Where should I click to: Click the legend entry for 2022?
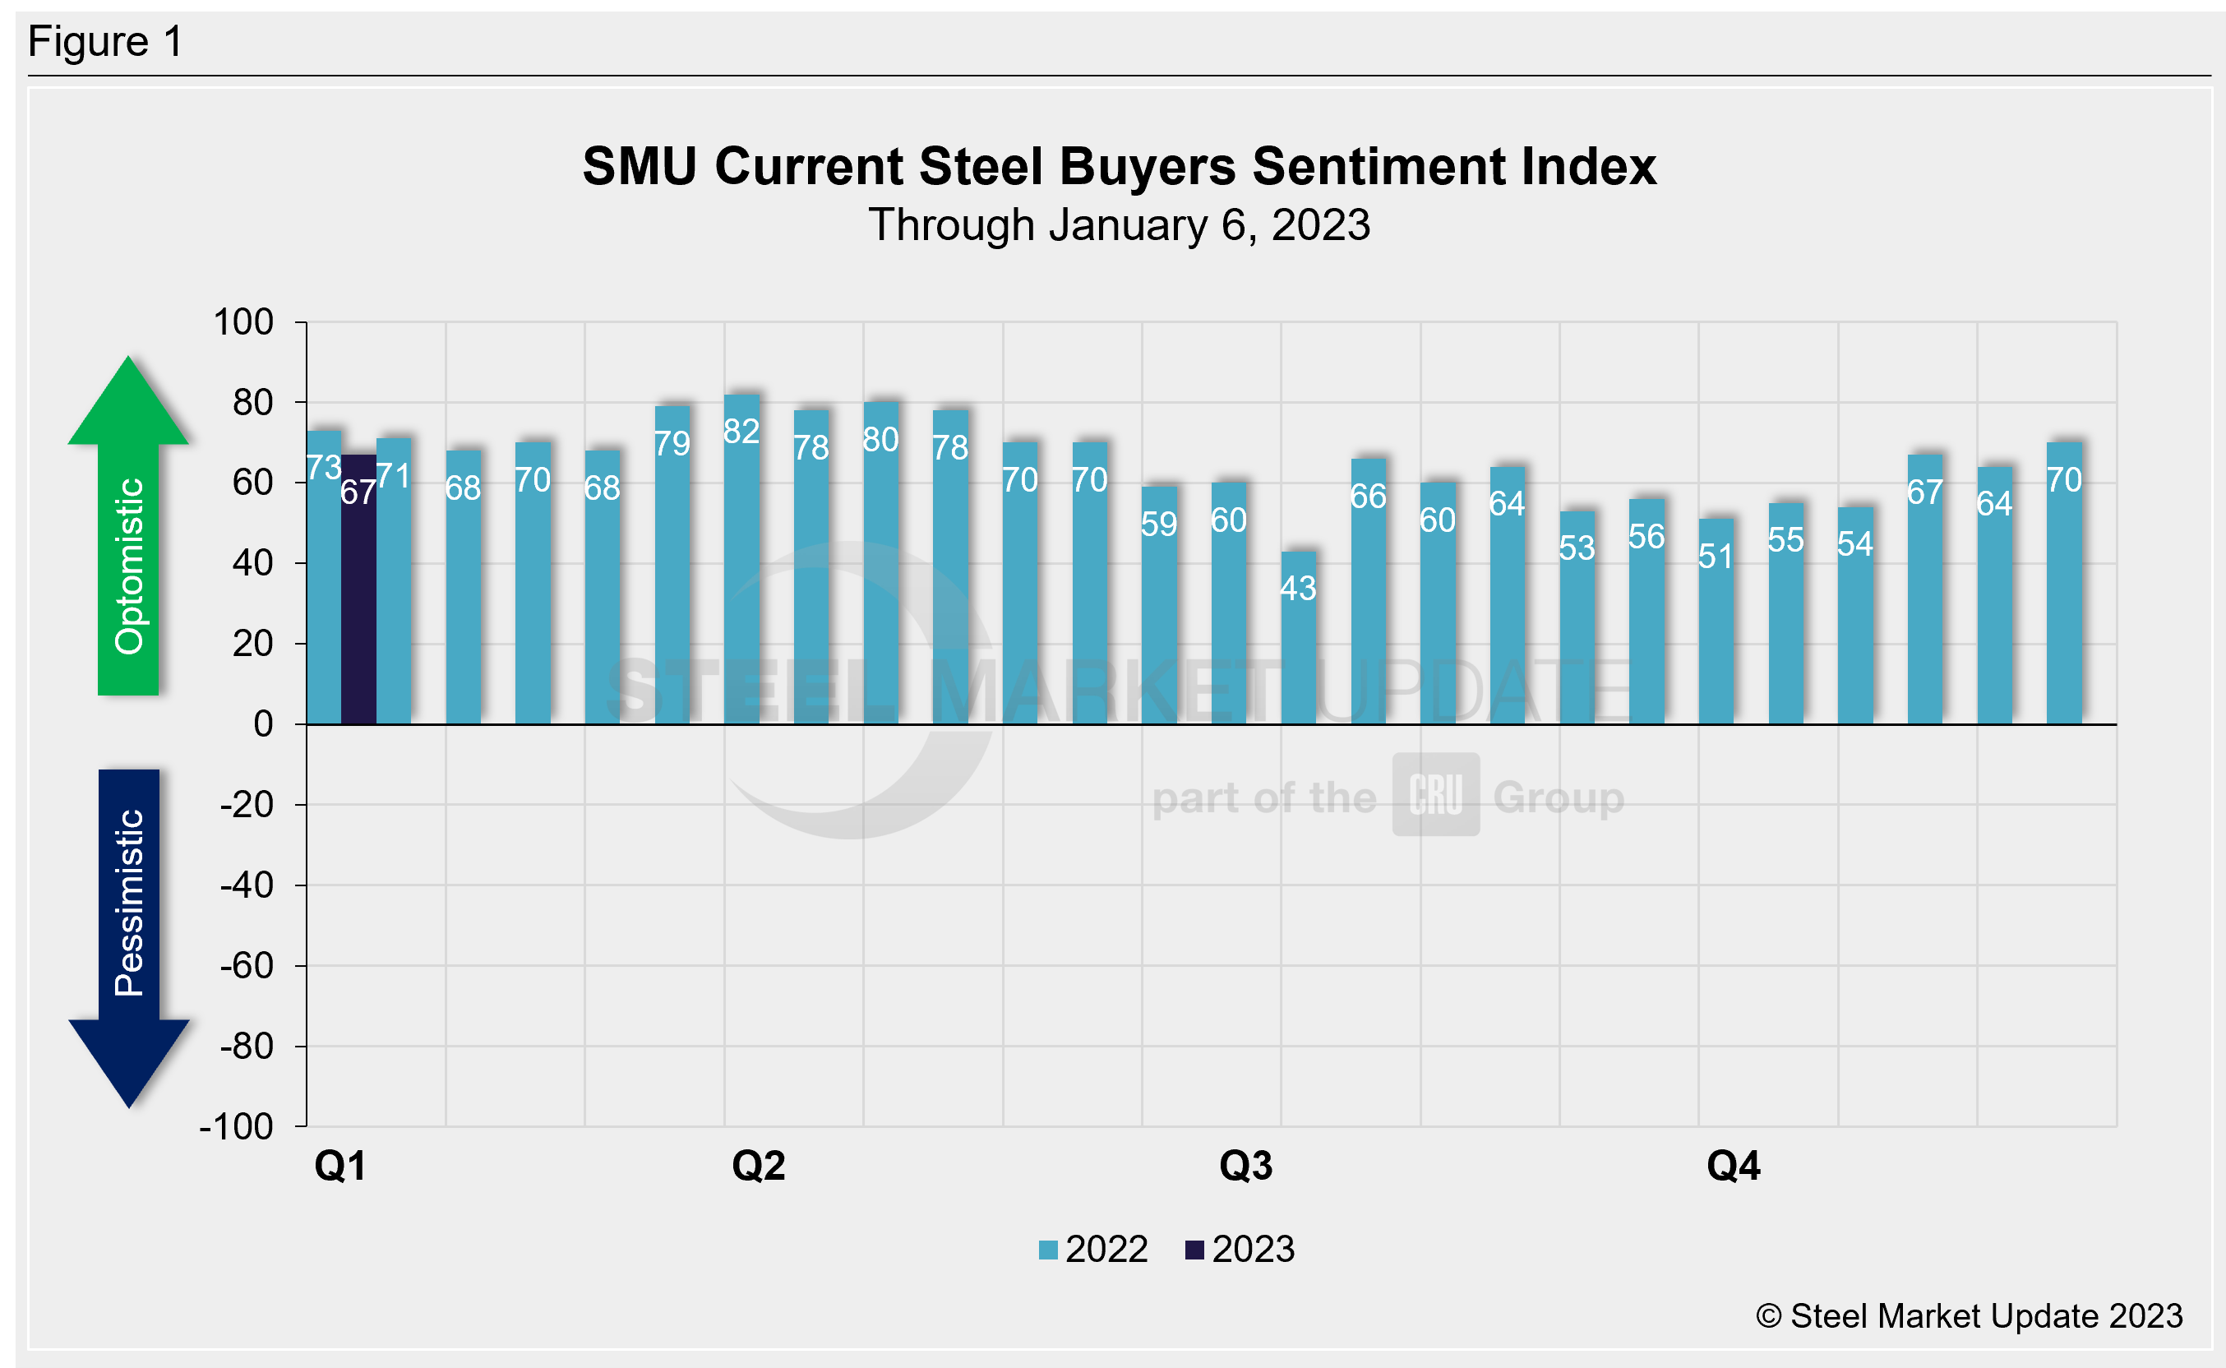(x=1093, y=1250)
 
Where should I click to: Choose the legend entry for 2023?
(x=1240, y=1250)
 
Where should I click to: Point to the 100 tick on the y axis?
(x=242, y=322)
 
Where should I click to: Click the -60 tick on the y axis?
(x=246, y=966)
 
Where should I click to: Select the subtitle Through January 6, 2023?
(x=1119, y=224)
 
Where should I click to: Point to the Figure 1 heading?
(x=105, y=42)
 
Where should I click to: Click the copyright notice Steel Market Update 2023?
(x=1969, y=1315)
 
